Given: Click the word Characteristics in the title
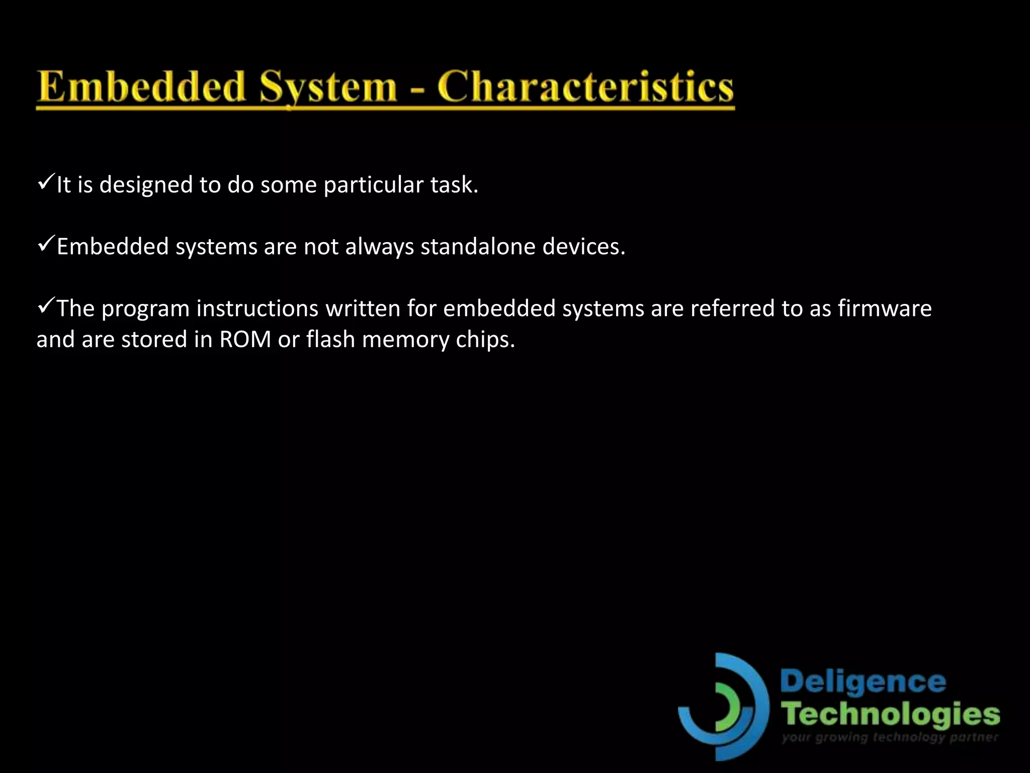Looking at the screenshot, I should click(585, 87).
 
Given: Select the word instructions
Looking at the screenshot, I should click(257, 308).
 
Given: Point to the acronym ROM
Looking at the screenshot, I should click(245, 340).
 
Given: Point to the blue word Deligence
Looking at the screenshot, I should click(863, 683).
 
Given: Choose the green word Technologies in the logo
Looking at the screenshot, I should click(890, 715).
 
